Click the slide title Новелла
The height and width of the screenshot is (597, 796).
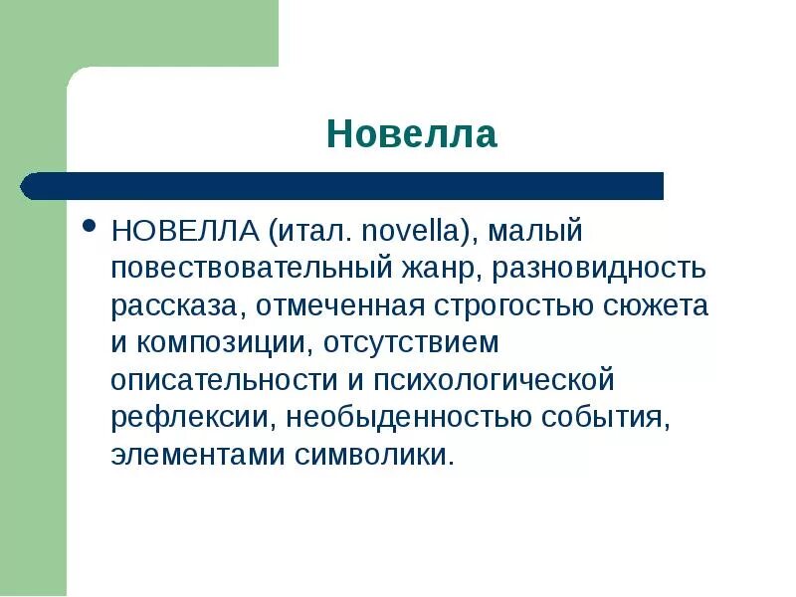411,133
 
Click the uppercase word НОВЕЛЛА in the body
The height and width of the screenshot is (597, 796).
185,231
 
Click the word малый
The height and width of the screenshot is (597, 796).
535,231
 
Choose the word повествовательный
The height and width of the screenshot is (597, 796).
253,269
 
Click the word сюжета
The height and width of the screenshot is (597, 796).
657,305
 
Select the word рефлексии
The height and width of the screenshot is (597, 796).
190,418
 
